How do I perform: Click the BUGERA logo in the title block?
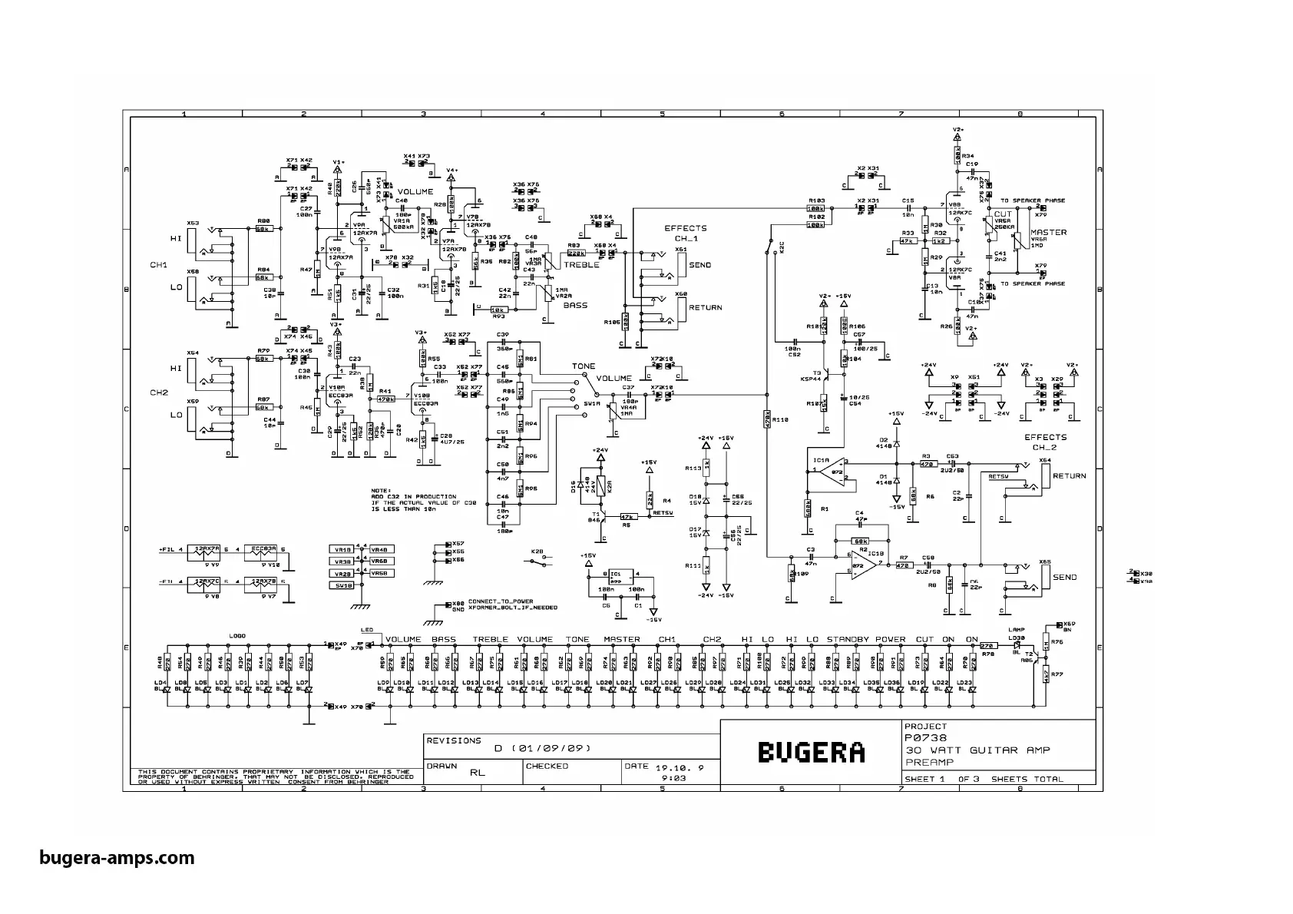click(812, 752)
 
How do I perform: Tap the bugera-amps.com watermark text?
click(117, 857)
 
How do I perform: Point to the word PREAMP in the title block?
click(929, 762)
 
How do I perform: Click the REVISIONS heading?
click(454, 741)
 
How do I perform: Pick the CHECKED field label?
click(547, 766)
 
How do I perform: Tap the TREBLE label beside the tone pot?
click(581, 265)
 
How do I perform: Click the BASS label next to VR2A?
click(575, 305)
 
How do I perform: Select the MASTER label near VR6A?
click(1048, 232)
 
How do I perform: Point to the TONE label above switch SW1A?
click(584, 366)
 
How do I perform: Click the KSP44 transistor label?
click(811, 379)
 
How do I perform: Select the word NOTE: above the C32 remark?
click(381, 490)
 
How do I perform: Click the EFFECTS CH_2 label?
click(1045, 442)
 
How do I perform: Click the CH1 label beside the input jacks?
click(159, 265)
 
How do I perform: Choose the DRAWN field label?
click(441, 766)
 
